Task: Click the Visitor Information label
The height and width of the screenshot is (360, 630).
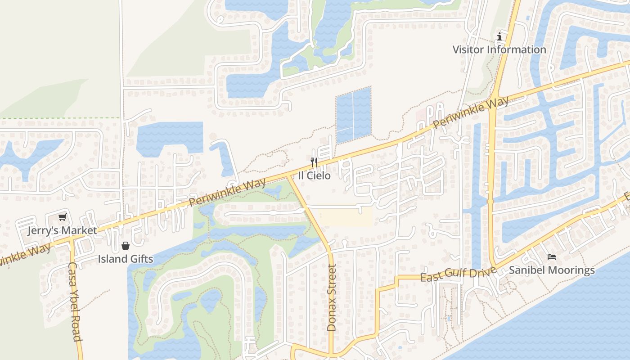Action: tap(499, 49)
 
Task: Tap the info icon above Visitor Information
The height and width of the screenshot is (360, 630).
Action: tap(499, 36)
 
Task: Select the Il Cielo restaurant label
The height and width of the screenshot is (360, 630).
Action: tap(314, 175)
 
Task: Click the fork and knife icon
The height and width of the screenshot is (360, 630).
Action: tap(314, 162)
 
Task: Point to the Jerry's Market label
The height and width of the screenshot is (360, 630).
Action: tap(62, 231)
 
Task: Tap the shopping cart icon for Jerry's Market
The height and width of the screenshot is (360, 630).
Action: tap(62, 217)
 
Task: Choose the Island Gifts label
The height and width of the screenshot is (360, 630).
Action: tap(126, 259)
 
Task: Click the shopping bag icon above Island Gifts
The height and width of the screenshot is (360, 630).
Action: tap(126, 246)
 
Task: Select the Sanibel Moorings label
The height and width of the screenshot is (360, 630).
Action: tap(552, 270)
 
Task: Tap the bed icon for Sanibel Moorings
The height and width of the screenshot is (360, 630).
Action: tap(552, 257)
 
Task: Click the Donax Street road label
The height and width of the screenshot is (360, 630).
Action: tap(332, 298)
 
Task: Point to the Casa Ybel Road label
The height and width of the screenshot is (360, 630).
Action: tap(75, 301)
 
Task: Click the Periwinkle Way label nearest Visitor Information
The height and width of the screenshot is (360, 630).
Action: tap(471, 112)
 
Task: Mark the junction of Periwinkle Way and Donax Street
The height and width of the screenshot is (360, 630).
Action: tap(287, 176)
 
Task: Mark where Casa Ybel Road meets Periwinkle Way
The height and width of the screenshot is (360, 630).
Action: tap(71, 239)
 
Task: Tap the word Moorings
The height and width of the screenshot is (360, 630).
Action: tap(573, 270)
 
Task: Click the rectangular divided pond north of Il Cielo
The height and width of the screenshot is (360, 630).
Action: tap(354, 115)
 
